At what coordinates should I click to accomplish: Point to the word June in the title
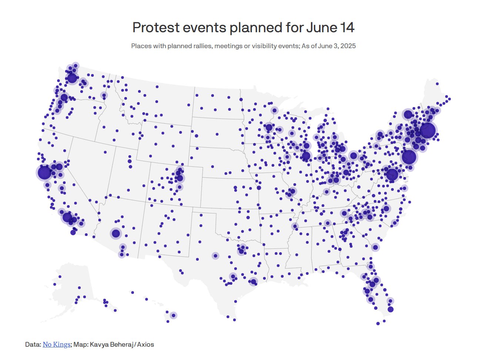pos(320,28)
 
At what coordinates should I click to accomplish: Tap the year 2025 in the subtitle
pos(348,46)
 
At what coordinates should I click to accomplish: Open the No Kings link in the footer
pos(56,344)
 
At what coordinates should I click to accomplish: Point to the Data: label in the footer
pos(33,344)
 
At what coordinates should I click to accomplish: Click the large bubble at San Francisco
pos(44,173)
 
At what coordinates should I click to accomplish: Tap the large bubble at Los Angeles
pos(67,217)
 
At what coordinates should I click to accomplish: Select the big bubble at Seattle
pos(72,78)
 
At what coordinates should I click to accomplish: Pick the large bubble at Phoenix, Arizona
pos(116,233)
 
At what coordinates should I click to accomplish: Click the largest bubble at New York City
pos(409,157)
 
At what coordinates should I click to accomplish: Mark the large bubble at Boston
pos(427,130)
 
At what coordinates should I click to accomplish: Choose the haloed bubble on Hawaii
pos(173,315)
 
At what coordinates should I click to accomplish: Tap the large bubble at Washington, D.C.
pos(392,174)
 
